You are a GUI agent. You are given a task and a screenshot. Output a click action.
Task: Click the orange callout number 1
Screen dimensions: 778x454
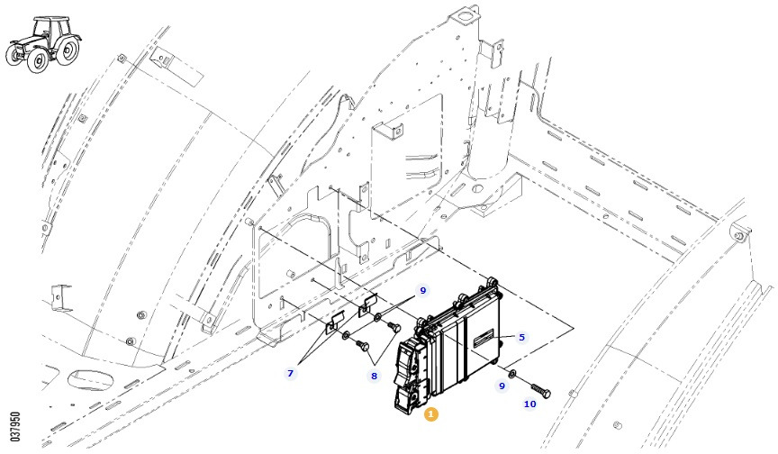click(430, 413)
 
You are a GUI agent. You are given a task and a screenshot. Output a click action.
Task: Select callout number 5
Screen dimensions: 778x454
click(521, 338)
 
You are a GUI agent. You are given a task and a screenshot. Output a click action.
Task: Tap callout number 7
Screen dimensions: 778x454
click(290, 373)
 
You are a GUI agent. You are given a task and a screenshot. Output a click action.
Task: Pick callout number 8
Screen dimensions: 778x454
click(374, 377)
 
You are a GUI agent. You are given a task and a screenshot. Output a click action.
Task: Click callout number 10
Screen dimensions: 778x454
click(529, 404)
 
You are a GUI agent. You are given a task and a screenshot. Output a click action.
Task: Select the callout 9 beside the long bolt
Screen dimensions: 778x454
click(502, 386)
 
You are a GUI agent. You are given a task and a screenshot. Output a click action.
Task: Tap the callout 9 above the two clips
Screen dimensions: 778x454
click(422, 290)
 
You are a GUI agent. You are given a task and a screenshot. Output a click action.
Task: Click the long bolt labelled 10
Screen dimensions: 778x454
click(540, 390)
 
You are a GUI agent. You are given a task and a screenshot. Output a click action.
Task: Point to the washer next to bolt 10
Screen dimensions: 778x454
click(512, 374)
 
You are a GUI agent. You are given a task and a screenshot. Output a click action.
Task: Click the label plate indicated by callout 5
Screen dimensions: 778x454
click(484, 340)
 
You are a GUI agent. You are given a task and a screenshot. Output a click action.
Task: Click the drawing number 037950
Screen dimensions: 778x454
click(15, 427)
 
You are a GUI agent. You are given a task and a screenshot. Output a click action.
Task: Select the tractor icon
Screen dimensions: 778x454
click(43, 43)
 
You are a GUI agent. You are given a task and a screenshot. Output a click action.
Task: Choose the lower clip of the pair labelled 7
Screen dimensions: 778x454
click(335, 322)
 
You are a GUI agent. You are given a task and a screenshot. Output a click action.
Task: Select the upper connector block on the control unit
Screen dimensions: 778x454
click(410, 359)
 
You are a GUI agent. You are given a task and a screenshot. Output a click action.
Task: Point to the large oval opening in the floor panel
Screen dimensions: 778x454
click(88, 380)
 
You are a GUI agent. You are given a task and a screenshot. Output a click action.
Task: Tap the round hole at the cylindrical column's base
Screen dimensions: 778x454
click(477, 188)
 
